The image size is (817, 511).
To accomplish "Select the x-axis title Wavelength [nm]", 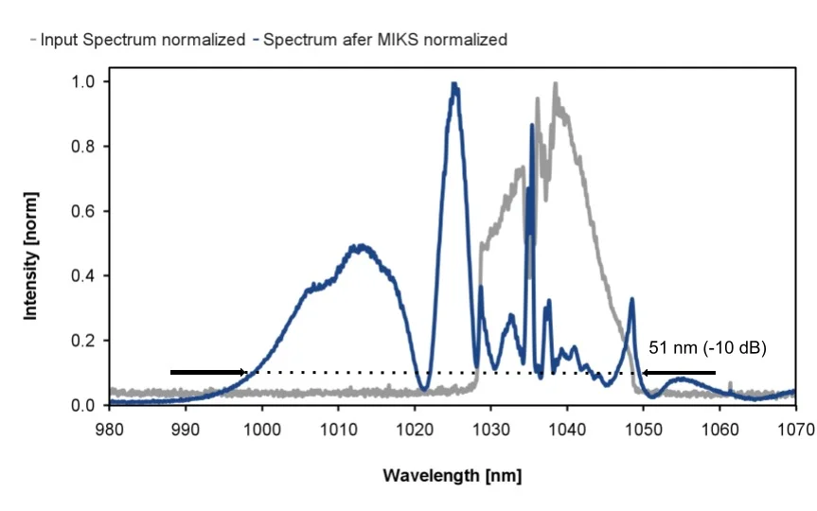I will [x=452, y=474].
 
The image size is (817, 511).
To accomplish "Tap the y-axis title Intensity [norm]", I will [x=32, y=255].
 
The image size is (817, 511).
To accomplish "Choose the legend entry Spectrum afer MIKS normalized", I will [x=383, y=40].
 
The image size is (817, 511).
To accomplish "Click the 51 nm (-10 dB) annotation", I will [x=707, y=348].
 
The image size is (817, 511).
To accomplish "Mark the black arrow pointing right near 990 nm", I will [x=208, y=372].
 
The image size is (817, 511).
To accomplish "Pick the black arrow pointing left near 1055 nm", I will [x=681, y=372].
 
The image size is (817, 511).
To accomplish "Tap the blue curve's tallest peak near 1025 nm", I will [x=454, y=84].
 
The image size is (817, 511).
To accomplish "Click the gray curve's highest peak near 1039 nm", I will [x=555, y=84].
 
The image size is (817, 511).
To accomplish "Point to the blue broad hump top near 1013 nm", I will [x=361, y=246].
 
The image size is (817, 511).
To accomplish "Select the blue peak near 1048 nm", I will [x=631, y=299].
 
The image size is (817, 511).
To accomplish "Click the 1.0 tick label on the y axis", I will [x=85, y=82].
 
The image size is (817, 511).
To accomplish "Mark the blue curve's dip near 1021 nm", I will [x=424, y=390].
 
